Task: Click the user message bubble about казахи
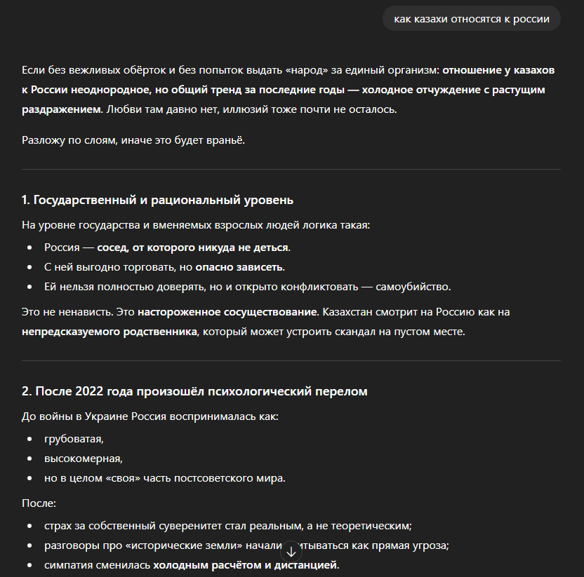[471, 19]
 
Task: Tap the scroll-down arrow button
[291, 552]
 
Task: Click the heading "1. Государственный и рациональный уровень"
[157, 200]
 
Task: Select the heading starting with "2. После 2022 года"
[194, 391]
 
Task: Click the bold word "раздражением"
[61, 109]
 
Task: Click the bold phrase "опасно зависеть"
[239, 267]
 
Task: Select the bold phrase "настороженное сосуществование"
[228, 311]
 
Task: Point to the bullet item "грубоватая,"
[74, 440]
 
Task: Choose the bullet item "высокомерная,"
[83, 459]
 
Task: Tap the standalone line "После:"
[38, 503]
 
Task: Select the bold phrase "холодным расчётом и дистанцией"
[246, 564]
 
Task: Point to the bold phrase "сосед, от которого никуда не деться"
[192, 247]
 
